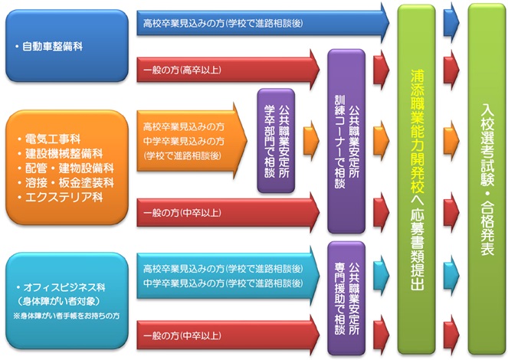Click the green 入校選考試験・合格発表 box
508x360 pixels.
tap(486, 180)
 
